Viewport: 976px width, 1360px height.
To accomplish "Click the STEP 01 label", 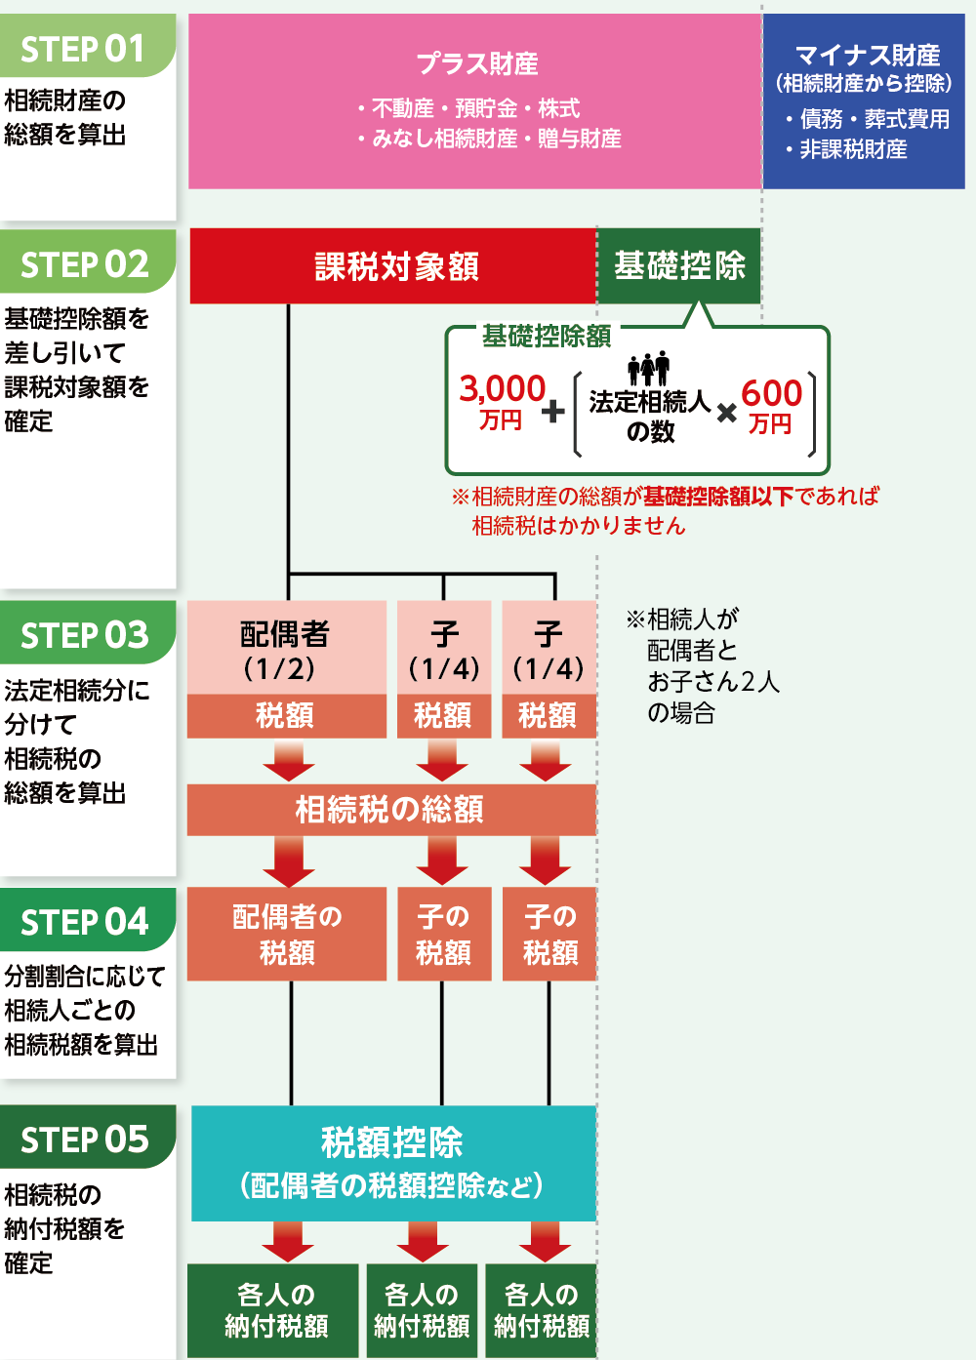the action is tap(83, 49).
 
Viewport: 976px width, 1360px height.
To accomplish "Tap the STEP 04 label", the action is tap(84, 922).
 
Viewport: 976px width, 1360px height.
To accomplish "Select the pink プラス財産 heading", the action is tap(476, 63).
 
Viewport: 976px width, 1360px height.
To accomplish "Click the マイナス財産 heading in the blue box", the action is tap(868, 56).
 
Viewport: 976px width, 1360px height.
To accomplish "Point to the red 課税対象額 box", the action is tap(393, 266).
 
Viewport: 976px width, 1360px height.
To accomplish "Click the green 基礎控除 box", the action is tap(679, 266).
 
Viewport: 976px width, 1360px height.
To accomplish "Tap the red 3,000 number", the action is tap(503, 388).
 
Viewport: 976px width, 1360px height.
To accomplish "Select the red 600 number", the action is tap(771, 393).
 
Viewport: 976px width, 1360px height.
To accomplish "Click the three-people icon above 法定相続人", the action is tap(649, 368).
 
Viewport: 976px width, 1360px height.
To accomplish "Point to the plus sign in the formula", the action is tap(552, 412).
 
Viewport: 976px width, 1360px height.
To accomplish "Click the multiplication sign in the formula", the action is tap(726, 414).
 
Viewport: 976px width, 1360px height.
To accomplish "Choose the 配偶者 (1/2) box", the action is tap(287, 648).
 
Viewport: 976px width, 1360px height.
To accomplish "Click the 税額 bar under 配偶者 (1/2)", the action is tap(287, 716).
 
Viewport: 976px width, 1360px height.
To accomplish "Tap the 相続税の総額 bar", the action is tap(391, 810).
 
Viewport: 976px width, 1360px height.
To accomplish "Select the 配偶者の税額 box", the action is tap(287, 934).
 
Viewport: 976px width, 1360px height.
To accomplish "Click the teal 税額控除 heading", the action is tap(392, 1142).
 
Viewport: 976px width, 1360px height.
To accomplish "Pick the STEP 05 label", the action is tap(84, 1139).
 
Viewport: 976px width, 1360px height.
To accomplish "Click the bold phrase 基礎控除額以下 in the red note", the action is tap(718, 497).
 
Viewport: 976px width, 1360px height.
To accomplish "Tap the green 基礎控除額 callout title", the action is tap(547, 337).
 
